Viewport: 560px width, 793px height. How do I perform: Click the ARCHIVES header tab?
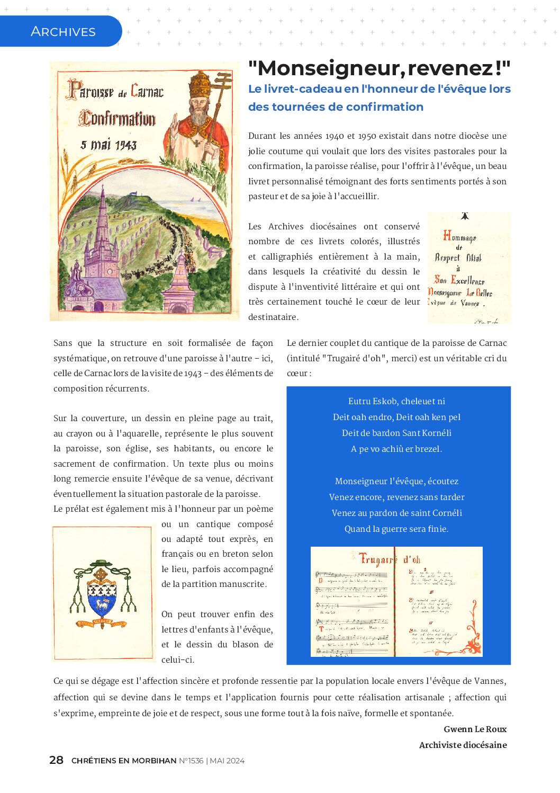tap(63, 32)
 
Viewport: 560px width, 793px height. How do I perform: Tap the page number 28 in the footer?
tap(56, 760)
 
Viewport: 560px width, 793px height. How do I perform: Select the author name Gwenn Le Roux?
tap(475, 729)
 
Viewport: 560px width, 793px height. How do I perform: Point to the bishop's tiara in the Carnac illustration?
tap(200, 82)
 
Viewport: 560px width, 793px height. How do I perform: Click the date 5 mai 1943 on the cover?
tap(109, 145)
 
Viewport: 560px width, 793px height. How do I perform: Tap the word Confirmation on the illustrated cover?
tap(118, 118)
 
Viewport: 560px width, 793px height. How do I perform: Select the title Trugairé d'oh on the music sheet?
tap(390, 559)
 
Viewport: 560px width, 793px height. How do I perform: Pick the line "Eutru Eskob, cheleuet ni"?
tap(396, 401)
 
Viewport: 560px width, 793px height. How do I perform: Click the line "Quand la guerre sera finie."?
tap(396, 529)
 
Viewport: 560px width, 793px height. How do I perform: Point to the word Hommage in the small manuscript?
tap(459, 237)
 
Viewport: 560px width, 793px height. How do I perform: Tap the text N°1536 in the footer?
tap(191, 761)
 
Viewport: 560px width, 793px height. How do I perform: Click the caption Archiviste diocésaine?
tap(463, 745)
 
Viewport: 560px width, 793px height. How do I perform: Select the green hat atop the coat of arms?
tap(101, 564)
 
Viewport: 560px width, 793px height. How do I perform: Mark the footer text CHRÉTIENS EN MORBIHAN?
tap(124, 761)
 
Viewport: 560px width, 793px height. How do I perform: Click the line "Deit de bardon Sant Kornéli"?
tap(396, 433)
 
